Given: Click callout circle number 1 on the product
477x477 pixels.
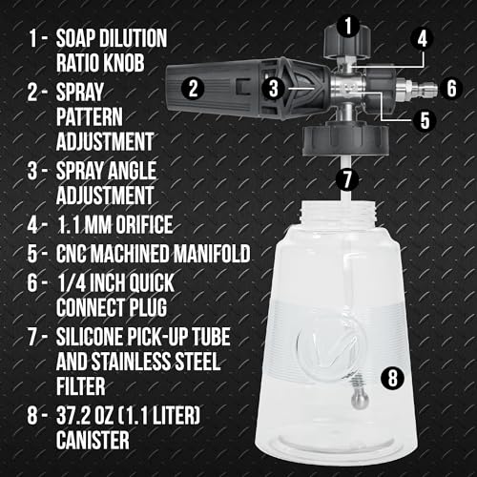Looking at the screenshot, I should (349, 21).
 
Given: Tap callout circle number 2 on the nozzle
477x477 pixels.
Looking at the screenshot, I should (194, 89).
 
